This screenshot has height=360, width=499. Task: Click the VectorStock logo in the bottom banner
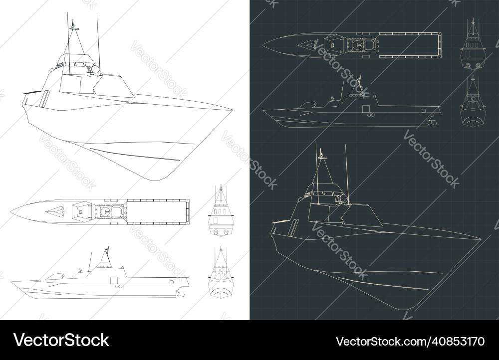coord(61,341)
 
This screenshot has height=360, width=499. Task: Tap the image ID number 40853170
coord(410,342)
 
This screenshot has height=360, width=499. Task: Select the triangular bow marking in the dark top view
coord(306,45)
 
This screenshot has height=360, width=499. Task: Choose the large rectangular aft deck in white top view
coord(157,210)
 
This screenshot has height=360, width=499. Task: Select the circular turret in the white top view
coord(105,211)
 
